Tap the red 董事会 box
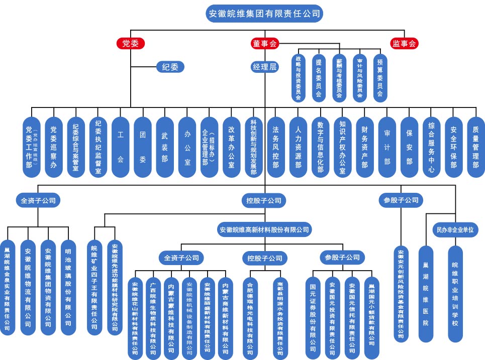click(x=264, y=43)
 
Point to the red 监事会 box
click(x=405, y=43)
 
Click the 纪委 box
click(x=170, y=66)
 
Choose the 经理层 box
click(x=264, y=66)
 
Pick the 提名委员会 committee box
click(x=318, y=78)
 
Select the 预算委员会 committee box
click(x=379, y=78)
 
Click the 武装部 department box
click(x=165, y=147)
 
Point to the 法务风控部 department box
click(x=275, y=147)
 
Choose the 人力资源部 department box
click(x=298, y=147)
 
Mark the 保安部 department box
click(x=409, y=147)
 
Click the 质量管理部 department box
click(x=475, y=147)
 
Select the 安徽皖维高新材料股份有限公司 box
click(x=264, y=230)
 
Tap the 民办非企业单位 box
click(x=453, y=230)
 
